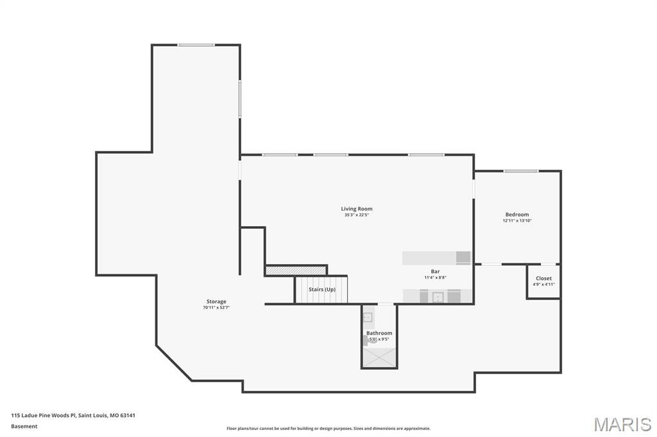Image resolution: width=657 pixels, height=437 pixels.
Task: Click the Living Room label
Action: click(x=356, y=209)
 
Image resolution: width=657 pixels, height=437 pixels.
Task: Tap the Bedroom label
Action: click(x=516, y=215)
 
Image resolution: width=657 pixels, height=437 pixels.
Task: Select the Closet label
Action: click(x=543, y=279)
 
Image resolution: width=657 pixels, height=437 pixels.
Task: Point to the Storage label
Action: click(x=216, y=302)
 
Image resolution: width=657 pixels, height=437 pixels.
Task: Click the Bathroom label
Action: click(x=379, y=333)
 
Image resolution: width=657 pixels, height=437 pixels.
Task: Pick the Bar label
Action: click(x=435, y=272)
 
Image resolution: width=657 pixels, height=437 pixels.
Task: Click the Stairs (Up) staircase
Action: click(x=321, y=290)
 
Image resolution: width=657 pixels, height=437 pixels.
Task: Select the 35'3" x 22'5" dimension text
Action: click(x=356, y=215)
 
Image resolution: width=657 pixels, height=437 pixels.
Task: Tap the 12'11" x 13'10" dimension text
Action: click(x=516, y=221)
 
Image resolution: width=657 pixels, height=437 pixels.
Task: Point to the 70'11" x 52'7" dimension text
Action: click(x=216, y=308)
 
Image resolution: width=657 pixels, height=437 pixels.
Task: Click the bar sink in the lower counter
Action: click(x=438, y=297)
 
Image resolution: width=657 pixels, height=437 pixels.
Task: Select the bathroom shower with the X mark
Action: click(x=379, y=357)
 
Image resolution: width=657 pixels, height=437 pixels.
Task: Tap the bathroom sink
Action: click(x=368, y=317)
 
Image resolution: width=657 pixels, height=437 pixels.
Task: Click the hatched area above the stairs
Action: click(x=296, y=271)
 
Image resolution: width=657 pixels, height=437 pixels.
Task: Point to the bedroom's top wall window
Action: click(x=520, y=171)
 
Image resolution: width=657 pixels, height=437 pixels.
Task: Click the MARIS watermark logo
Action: click(x=622, y=424)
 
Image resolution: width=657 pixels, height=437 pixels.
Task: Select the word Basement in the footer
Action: click(x=24, y=426)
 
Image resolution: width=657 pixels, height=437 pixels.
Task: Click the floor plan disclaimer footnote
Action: click(x=328, y=429)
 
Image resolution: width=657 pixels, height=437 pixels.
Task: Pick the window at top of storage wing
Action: click(x=196, y=45)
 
